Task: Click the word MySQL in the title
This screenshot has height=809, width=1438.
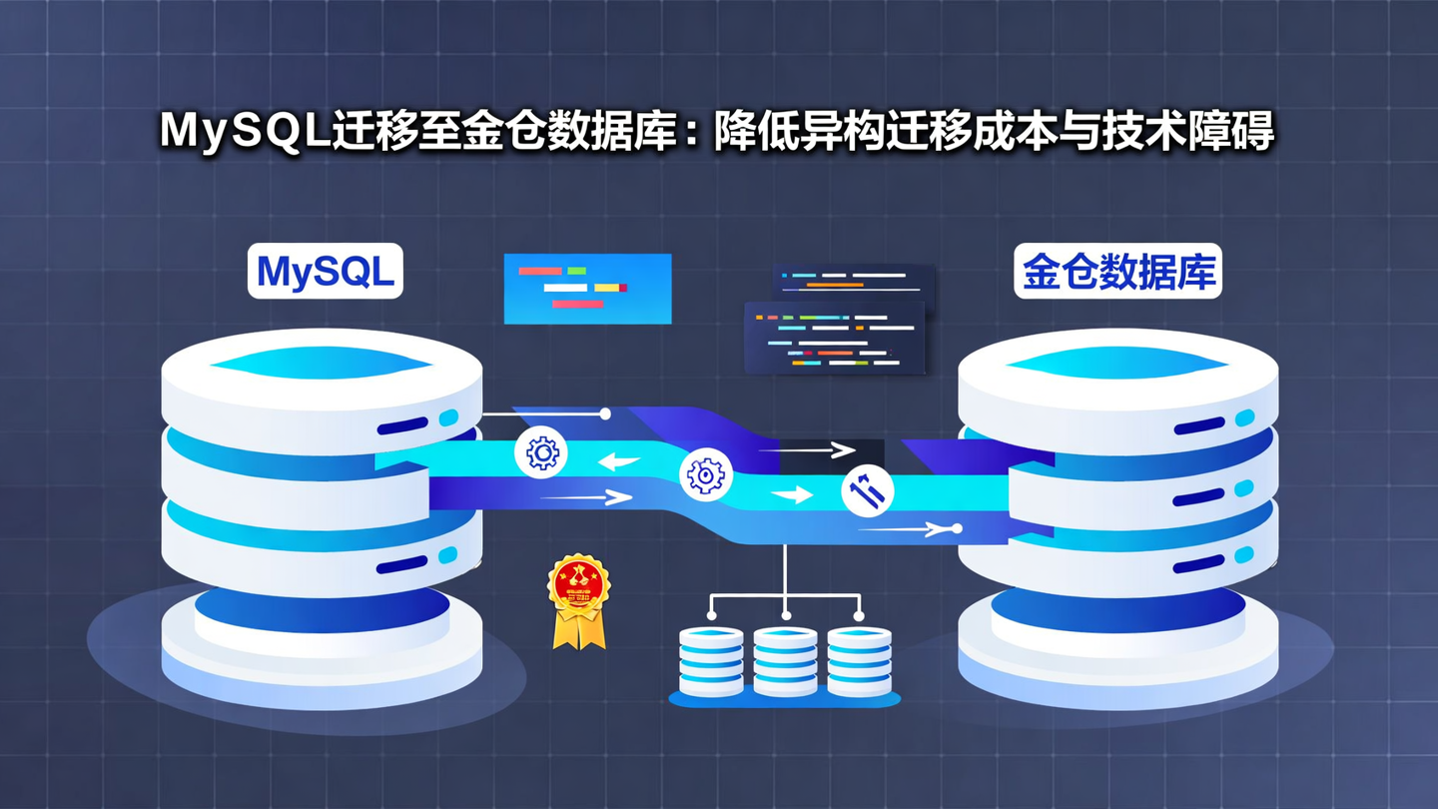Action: (x=246, y=132)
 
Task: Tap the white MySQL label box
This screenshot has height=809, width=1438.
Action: (x=326, y=272)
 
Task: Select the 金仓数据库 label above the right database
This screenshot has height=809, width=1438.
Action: (x=1117, y=272)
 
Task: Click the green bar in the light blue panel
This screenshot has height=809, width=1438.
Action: (x=576, y=271)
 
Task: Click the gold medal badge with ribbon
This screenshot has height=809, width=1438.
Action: (x=578, y=600)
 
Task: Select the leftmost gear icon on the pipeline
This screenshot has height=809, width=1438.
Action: (x=541, y=453)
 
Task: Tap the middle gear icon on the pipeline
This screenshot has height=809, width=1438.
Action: (x=706, y=475)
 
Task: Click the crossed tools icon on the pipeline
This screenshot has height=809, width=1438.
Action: (x=867, y=491)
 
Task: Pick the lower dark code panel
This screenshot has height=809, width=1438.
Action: (x=835, y=339)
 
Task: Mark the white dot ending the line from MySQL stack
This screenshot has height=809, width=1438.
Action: (x=605, y=413)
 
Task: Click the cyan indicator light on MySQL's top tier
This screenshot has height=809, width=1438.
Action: (x=448, y=417)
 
